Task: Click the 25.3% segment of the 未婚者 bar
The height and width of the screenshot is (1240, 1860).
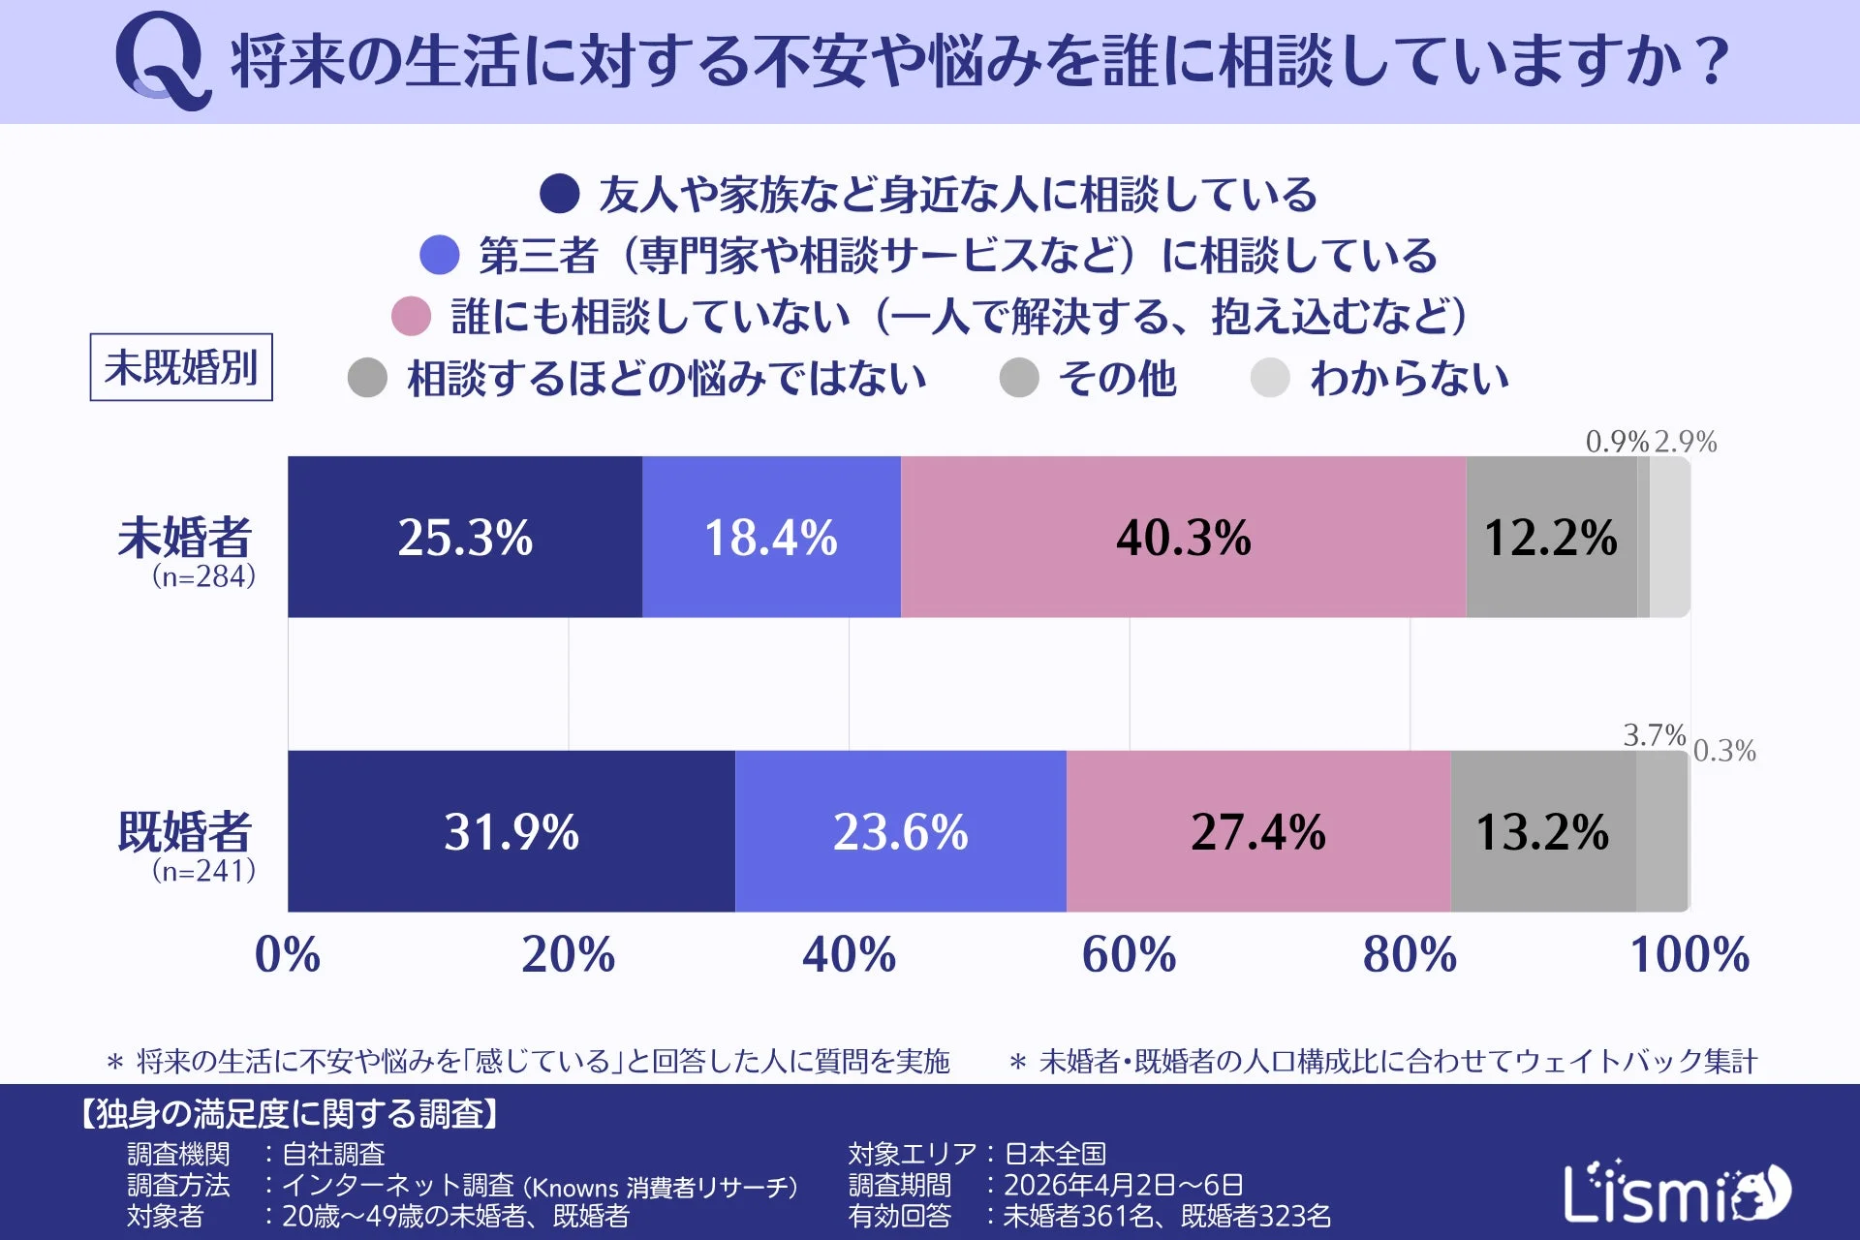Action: click(x=465, y=537)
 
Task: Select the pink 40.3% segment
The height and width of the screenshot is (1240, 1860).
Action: click(x=1183, y=537)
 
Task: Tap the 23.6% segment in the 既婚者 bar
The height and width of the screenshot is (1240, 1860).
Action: click(x=900, y=831)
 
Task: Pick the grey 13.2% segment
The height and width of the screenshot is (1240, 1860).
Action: click(x=1542, y=831)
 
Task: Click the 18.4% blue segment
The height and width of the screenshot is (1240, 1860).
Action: click(x=771, y=537)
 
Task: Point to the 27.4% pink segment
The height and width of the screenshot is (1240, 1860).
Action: click(x=1257, y=831)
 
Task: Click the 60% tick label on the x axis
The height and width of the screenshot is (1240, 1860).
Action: click(x=1129, y=954)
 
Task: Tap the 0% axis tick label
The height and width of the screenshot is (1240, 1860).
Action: click(x=288, y=954)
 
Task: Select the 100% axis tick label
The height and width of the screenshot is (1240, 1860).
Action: click(x=1689, y=954)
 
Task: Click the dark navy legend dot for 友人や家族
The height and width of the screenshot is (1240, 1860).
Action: click(x=559, y=194)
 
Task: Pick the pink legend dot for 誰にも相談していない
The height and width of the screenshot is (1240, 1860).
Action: click(x=411, y=317)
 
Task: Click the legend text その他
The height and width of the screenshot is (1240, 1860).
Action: click(x=1117, y=378)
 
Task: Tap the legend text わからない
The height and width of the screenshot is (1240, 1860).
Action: click(x=1410, y=378)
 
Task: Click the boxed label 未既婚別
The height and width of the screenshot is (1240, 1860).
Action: click(x=181, y=367)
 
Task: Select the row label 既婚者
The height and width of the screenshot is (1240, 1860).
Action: click(x=184, y=831)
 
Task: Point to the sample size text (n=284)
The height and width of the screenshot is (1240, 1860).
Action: click(x=203, y=576)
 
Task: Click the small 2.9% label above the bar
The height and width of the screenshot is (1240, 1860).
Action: click(x=1686, y=442)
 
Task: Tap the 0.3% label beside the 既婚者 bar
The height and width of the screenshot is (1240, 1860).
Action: click(x=1724, y=751)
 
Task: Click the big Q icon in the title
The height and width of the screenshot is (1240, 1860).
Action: click(x=162, y=60)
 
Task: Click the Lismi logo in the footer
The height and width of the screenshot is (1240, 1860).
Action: click(x=1677, y=1193)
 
